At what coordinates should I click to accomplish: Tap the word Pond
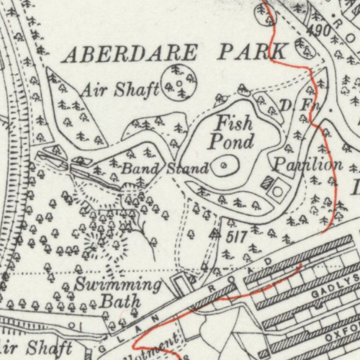coord(232,141)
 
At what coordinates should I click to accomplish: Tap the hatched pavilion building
coord(266,182)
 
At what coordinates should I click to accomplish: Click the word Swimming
coord(118,284)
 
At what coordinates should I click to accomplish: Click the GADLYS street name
coord(336,292)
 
